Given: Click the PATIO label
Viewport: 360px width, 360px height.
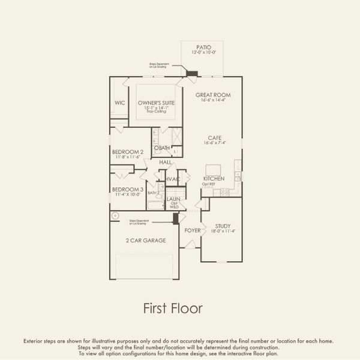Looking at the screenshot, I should pyautogui.click(x=203, y=47).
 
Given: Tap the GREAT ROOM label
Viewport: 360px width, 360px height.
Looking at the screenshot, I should pyautogui.click(x=213, y=95).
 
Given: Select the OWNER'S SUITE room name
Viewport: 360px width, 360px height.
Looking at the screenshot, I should pyautogui.click(x=156, y=103).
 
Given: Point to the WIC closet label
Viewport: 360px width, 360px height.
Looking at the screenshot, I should pyautogui.click(x=120, y=103).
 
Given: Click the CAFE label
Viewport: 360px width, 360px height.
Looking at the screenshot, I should pyautogui.click(x=215, y=137).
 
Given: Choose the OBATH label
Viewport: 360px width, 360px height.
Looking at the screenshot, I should pyautogui.click(x=162, y=148).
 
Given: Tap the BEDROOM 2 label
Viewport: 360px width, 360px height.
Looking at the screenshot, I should pyautogui.click(x=128, y=152).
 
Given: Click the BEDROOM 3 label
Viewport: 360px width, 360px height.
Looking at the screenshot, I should pyautogui.click(x=128, y=190).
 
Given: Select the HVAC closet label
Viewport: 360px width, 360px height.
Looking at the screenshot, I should pyautogui.click(x=173, y=179).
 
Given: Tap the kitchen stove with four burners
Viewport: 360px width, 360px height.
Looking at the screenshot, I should pyautogui.click(x=226, y=192).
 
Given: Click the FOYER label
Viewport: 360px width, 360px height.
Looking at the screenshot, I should pyautogui.click(x=193, y=230).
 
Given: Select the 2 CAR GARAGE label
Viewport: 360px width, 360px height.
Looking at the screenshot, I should pyautogui.click(x=146, y=241).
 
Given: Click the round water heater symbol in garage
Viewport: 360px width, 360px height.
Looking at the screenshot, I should pyautogui.click(x=114, y=215).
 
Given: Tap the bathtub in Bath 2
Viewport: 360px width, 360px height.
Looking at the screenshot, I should pyautogui.click(x=155, y=205).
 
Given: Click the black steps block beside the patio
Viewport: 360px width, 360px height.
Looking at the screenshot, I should pyautogui.click(x=192, y=74).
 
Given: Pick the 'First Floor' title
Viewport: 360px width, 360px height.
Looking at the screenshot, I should pyautogui.click(x=173, y=308).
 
